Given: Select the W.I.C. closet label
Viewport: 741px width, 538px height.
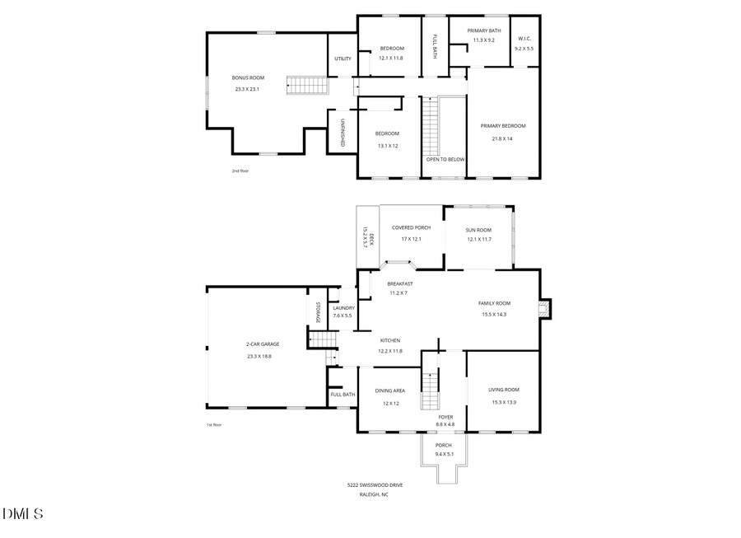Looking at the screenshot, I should pos(524,40).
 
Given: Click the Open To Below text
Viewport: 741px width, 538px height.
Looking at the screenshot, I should pos(445,159).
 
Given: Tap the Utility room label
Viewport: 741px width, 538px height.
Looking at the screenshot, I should pos(343,58).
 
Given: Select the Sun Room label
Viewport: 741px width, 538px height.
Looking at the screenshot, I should pos(478,230).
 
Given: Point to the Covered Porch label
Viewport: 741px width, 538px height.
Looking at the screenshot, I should pos(411,227).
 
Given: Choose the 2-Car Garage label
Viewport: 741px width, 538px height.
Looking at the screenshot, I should pos(263,344).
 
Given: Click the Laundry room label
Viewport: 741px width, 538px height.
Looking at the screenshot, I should pos(343,307).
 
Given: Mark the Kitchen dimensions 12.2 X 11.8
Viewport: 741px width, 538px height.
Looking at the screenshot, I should pos(389,351).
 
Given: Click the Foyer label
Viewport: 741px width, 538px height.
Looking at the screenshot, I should pos(445,417).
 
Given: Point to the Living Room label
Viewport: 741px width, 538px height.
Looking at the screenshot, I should pos(503,390).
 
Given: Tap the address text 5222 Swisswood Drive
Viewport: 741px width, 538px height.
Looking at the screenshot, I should pos(375,484).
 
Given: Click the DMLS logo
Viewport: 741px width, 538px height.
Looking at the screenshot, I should pos(22,514).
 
